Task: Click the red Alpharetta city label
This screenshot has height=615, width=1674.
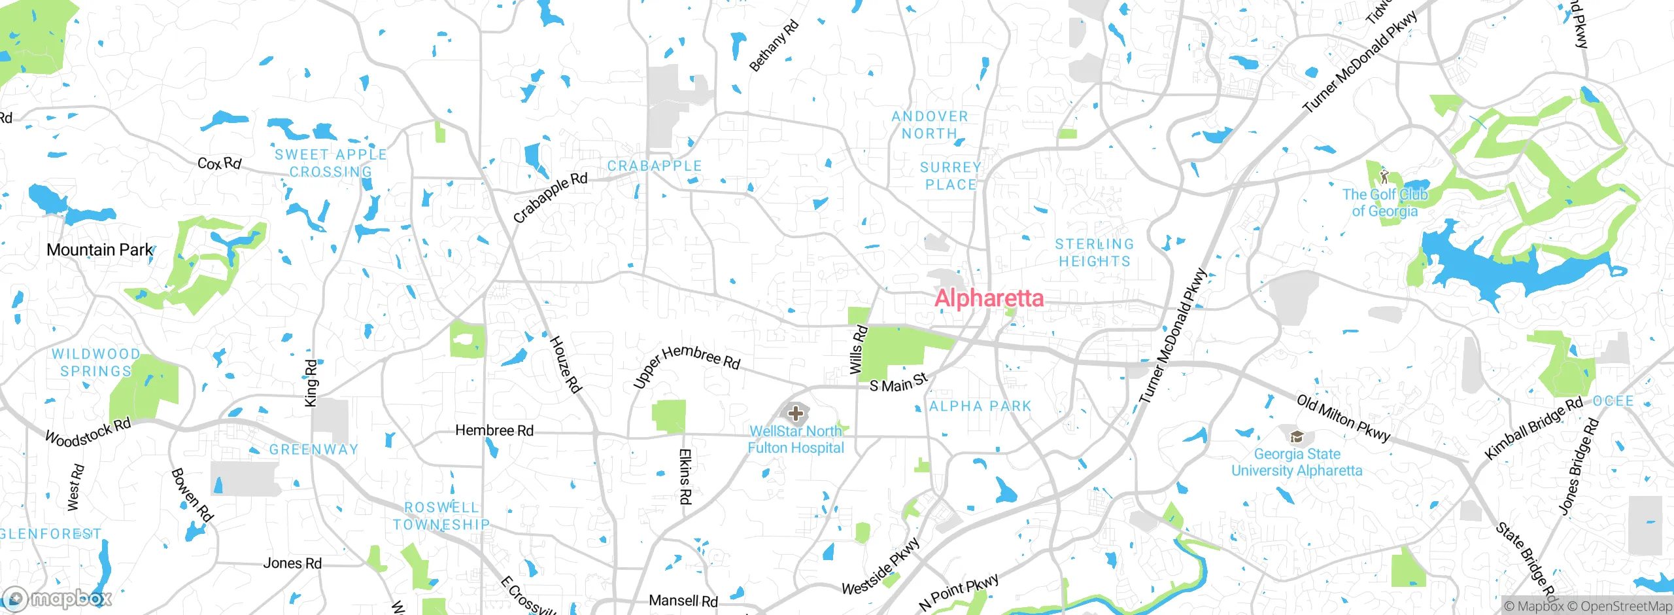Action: (x=989, y=298)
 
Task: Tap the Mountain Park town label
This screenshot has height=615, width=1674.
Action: (x=99, y=250)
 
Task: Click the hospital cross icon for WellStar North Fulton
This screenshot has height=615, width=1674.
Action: (x=796, y=413)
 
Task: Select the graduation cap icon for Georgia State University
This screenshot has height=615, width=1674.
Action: (x=1297, y=436)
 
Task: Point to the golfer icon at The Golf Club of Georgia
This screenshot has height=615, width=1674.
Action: (x=1384, y=176)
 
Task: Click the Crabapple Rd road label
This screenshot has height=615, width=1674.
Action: (x=550, y=198)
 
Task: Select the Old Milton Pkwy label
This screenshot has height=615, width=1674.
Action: (x=1343, y=418)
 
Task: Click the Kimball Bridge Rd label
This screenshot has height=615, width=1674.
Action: (x=1533, y=429)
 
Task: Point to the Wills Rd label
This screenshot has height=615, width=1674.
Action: (x=858, y=350)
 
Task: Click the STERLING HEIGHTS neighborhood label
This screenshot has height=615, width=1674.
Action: (x=1095, y=253)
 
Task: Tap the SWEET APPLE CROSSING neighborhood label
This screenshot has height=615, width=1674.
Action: (x=331, y=164)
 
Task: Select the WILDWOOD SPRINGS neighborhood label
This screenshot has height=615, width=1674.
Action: (x=95, y=362)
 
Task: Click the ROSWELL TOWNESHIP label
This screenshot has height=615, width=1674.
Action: (x=441, y=516)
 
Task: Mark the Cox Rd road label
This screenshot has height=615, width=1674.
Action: (x=220, y=163)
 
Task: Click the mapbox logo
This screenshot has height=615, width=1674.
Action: (x=58, y=598)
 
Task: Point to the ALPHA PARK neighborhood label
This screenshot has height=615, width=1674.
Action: (x=980, y=406)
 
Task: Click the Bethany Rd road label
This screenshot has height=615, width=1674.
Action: (x=774, y=46)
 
